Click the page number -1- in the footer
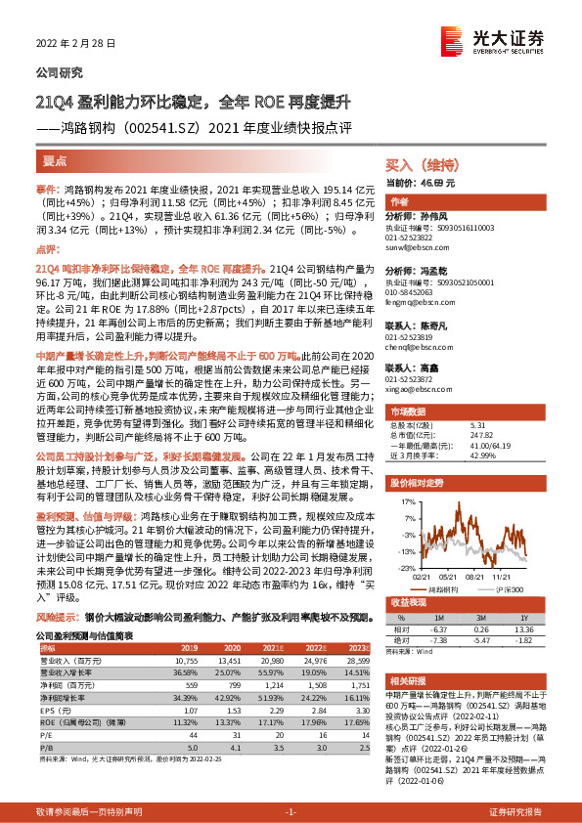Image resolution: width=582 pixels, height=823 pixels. pyautogui.click(x=291, y=813)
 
